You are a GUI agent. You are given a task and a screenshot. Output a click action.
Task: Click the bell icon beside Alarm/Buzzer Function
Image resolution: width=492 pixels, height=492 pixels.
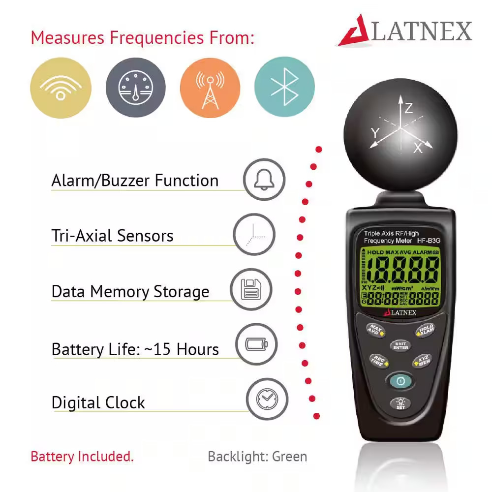[264, 180]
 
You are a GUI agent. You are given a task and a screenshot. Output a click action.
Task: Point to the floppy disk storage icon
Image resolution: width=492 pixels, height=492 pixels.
[251, 289]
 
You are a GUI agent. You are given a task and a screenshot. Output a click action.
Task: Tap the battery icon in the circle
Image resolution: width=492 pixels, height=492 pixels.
[256, 344]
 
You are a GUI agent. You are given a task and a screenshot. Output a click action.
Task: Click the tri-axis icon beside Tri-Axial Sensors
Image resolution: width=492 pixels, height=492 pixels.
[253, 235]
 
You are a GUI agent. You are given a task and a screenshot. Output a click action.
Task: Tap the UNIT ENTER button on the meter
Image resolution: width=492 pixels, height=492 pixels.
[400, 345]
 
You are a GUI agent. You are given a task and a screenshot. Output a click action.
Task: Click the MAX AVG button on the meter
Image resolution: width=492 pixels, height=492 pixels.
[376, 329]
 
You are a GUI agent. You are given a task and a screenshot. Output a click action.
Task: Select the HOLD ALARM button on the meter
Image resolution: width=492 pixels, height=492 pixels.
[426, 330]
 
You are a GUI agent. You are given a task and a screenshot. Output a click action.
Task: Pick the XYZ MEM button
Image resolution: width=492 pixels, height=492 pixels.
[424, 361]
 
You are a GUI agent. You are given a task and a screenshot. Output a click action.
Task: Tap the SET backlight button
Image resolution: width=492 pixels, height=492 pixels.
[400, 404]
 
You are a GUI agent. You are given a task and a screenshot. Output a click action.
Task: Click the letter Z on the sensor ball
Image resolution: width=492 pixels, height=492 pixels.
[409, 108]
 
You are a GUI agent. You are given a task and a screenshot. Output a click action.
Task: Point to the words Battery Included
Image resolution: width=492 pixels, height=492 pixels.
[82, 456]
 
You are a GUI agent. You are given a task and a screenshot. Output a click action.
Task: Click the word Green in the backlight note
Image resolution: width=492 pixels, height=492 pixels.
[289, 456]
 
